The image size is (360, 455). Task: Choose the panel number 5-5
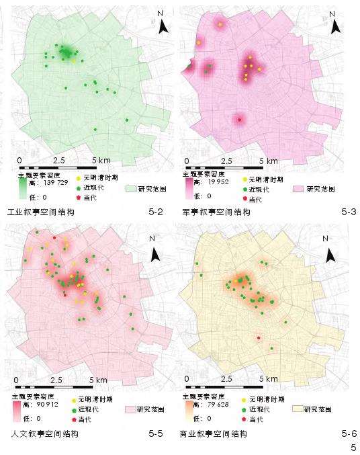156,434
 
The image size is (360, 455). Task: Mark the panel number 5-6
347,434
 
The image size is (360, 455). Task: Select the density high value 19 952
222,181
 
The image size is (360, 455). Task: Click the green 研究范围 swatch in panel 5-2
132,189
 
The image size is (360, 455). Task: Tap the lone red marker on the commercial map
259,338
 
